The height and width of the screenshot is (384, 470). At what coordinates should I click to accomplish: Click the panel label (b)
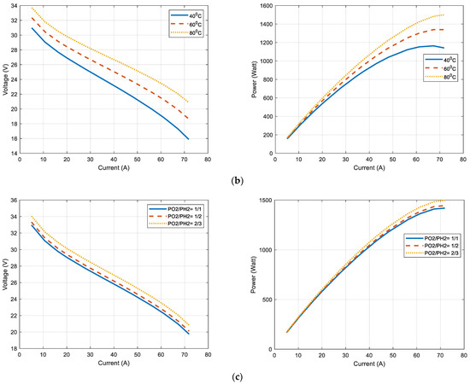pos(234,181)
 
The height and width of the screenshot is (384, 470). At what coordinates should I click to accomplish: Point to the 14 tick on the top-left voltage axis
pos(12,154)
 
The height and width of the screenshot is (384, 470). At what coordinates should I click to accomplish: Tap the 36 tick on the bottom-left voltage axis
pos(12,202)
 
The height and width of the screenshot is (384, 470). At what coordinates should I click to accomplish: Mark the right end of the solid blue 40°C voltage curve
pos(188,139)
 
